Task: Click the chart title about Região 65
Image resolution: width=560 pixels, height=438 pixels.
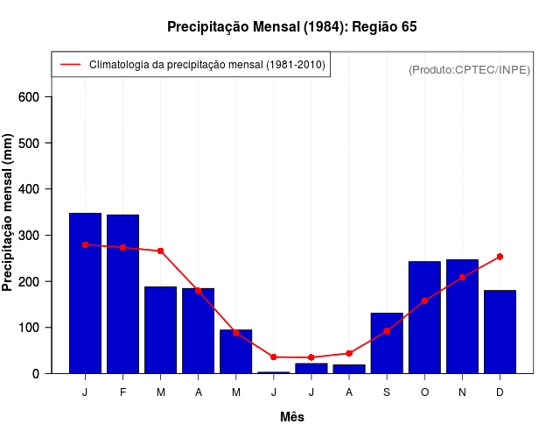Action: coord(291,27)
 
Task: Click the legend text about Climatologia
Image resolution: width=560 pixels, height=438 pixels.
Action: coord(207,65)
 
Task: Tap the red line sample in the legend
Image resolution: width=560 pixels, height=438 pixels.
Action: coord(70,65)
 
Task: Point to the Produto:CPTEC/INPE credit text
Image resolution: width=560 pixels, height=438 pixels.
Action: coord(469,69)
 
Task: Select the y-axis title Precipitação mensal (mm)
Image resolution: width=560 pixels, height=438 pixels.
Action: coord(8,213)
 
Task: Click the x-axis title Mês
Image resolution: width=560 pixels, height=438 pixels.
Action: coord(292,417)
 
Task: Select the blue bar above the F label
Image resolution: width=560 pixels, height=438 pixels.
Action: coord(122,293)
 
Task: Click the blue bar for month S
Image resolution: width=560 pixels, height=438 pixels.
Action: coord(387,343)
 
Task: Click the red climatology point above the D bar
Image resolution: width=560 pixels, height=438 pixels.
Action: coord(500,257)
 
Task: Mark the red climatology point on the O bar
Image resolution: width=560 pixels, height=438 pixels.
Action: coord(424,300)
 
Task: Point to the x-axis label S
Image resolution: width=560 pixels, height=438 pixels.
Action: coord(387,392)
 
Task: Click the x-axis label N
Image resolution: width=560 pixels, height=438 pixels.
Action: coord(462,392)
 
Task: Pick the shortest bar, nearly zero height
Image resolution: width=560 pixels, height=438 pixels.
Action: coord(273,372)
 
